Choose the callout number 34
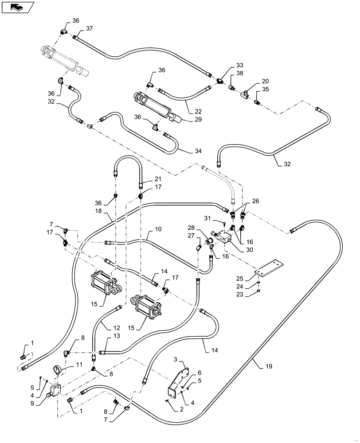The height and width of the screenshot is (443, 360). (197, 151)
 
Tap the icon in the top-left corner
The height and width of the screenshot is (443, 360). (18, 7)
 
